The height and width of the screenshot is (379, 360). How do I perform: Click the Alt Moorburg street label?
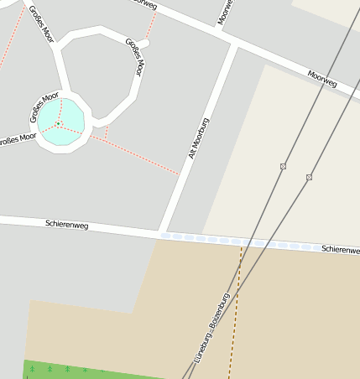coord(199,139)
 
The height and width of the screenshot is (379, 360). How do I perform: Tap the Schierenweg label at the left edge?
coord(66,225)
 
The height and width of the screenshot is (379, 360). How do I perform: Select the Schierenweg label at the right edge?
coord(340,250)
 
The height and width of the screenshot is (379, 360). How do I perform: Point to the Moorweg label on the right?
coord(321,79)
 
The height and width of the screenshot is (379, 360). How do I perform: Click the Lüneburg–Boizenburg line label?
coord(211,328)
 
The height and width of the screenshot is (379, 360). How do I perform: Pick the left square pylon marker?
coord(283,167)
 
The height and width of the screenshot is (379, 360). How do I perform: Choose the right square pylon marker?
coord(309,177)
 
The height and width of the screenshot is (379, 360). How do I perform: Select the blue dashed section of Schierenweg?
coord(243,242)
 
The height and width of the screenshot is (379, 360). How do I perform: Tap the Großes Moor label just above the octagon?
coord(44,99)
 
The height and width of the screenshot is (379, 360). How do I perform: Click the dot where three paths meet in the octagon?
coord(59,125)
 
